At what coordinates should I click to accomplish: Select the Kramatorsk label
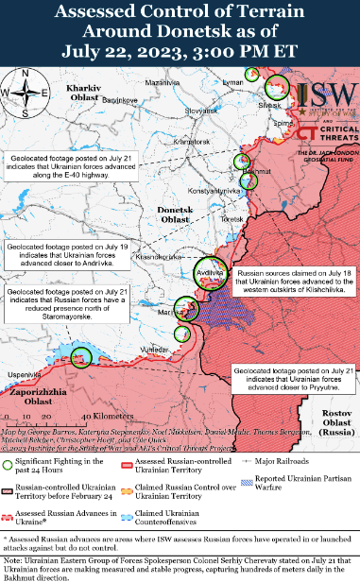[191, 142]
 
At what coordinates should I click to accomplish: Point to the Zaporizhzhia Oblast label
[39, 397]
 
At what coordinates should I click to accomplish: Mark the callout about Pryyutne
[291, 380]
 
